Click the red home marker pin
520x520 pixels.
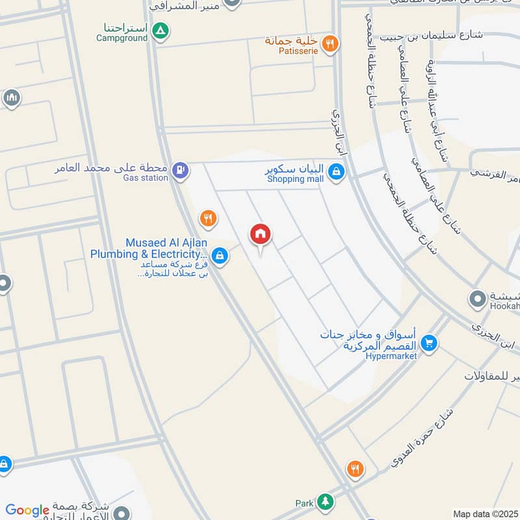(261, 235)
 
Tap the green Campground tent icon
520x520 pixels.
(161, 29)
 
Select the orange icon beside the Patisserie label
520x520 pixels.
(330, 44)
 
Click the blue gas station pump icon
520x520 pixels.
(182, 170)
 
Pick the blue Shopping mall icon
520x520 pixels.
(335, 172)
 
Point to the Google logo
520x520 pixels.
(27, 510)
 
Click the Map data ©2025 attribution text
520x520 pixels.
(485, 513)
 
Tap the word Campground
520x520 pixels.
(123, 38)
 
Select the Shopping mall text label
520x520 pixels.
(295, 179)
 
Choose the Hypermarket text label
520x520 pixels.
(391, 356)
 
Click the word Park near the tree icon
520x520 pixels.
(304, 503)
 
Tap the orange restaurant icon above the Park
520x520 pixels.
(355, 469)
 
